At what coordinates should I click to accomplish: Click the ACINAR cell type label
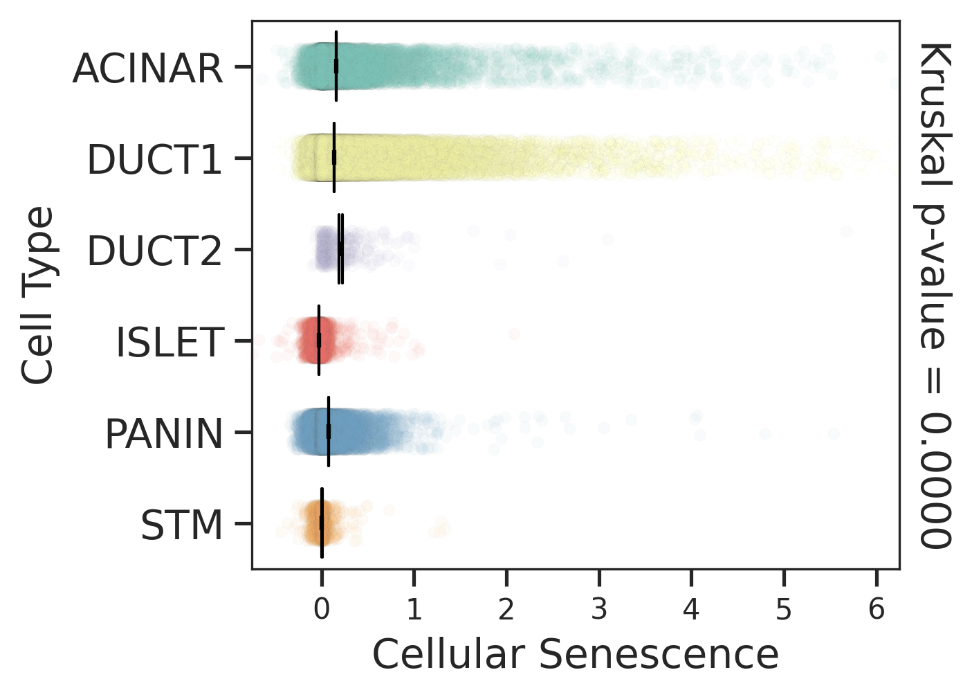(x=148, y=69)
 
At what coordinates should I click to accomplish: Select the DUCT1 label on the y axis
(x=155, y=160)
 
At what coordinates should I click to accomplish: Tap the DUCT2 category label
(x=155, y=251)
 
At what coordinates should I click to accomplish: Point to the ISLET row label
(x=170, y=343)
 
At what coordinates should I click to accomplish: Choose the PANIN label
(x=164, y=434)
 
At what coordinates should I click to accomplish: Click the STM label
(x=182, y=525)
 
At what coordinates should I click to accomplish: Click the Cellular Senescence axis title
(x=576, y=655)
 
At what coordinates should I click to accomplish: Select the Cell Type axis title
(x=38, y=295)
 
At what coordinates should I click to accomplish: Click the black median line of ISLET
(x=319, y=340)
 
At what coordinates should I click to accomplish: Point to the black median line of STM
(x=322, y=523)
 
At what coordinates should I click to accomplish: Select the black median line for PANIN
(x=329, y=431)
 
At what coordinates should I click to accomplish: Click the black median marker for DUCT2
(x=340, y=248)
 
